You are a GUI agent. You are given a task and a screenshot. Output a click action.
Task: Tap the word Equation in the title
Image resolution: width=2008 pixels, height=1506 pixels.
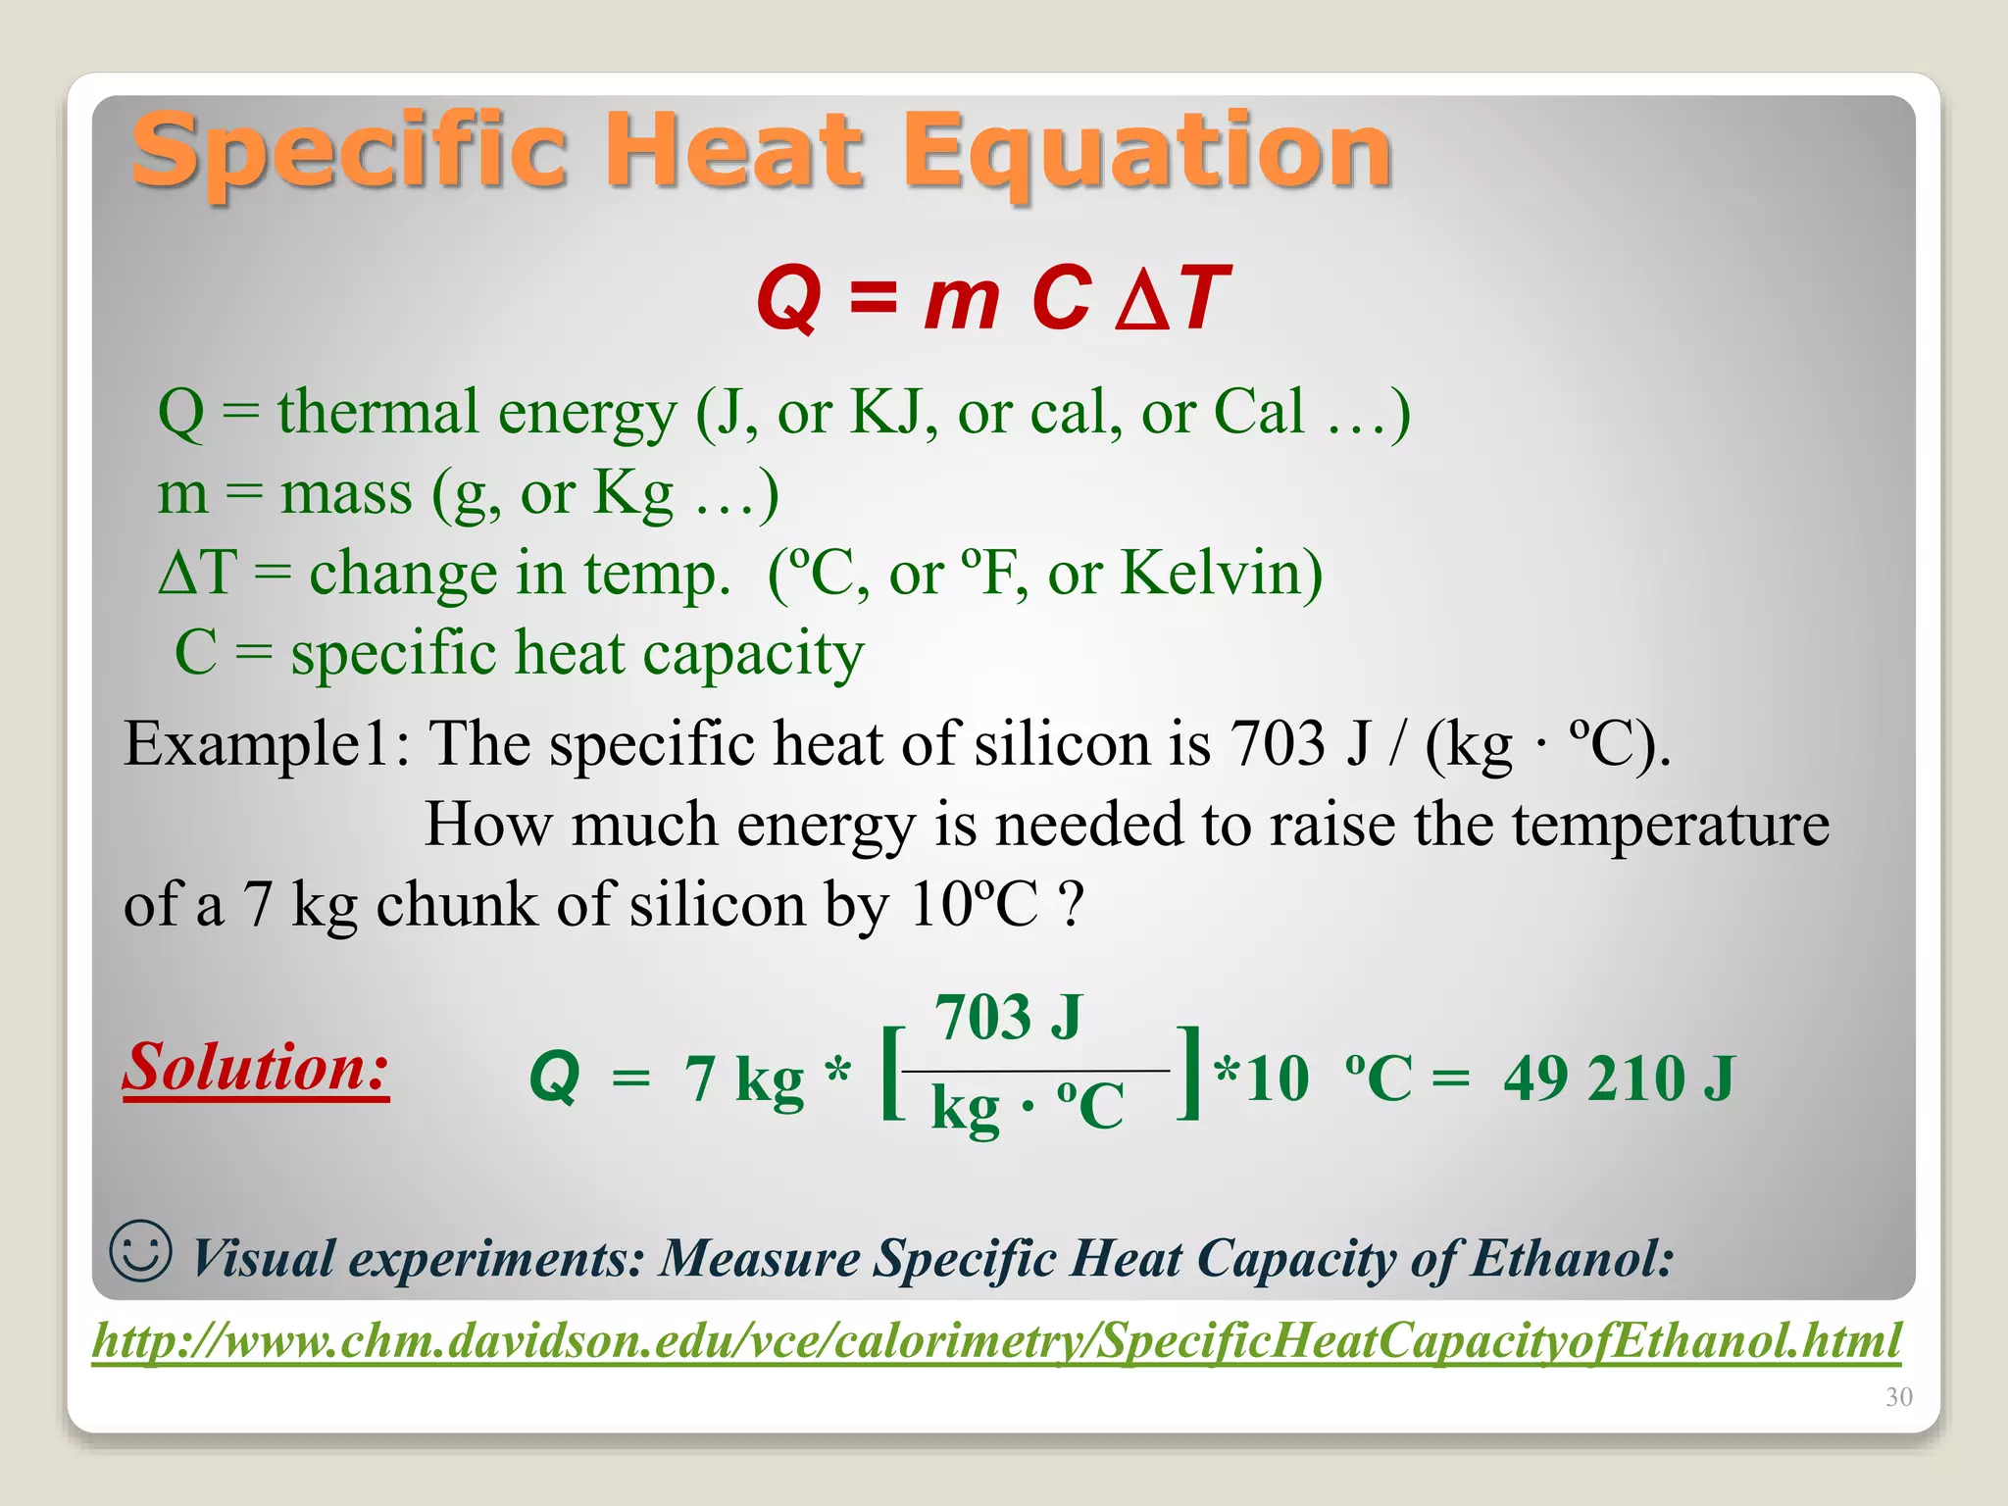1146,152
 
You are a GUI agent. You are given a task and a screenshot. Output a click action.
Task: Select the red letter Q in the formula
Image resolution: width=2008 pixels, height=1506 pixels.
788,299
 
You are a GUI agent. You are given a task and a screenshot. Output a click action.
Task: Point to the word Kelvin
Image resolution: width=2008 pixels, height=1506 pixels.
1221,573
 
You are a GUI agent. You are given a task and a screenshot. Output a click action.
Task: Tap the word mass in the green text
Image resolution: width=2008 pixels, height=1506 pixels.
346,492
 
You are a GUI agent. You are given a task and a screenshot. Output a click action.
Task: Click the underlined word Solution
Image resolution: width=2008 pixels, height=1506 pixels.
256,1068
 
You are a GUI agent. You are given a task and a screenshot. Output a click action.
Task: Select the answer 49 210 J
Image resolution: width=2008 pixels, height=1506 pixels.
1619,1079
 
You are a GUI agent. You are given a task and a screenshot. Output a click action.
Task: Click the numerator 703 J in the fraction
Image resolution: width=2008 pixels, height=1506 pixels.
1008,1017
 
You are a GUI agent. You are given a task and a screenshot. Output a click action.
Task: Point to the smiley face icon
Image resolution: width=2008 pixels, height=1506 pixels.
141,1250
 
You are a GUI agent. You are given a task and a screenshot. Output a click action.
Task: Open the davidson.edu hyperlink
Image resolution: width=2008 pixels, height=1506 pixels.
996,1340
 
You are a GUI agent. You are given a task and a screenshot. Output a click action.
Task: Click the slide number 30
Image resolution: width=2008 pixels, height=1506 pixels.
1898,1397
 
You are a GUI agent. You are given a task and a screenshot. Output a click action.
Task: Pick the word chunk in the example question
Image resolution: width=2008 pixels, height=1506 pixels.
457,904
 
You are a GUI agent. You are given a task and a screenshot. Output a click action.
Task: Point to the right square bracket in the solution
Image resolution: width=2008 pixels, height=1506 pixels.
1189,1073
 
